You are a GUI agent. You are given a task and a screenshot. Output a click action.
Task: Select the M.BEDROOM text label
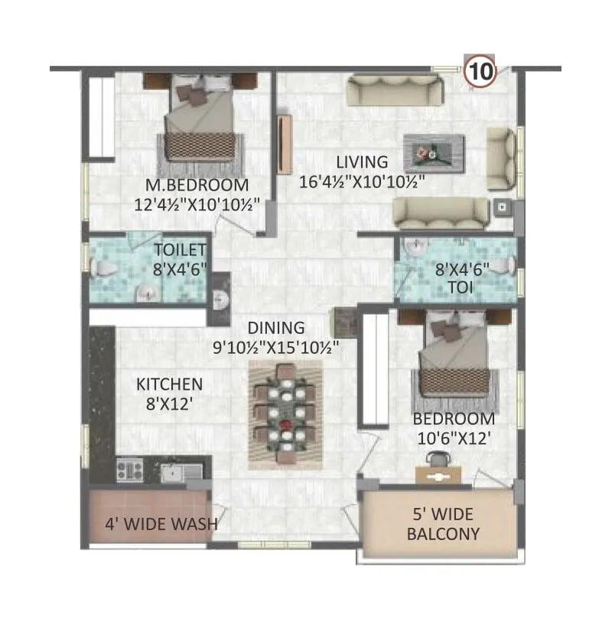pos(197,185)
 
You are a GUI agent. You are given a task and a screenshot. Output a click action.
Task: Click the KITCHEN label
pos(169,384)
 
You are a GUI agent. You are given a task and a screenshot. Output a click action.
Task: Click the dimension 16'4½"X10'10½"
pos(361,182)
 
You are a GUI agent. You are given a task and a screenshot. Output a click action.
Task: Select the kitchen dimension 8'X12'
pos(169,404)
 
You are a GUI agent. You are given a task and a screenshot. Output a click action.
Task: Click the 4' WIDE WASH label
pos(161,524)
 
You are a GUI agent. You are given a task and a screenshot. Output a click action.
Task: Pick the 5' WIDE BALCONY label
pos(444,524)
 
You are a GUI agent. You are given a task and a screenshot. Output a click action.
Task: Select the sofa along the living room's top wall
pos(395,91)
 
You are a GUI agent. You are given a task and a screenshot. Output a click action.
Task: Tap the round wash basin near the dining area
pos(221,300)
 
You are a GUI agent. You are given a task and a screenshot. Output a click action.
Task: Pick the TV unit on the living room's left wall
pos(285,145)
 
